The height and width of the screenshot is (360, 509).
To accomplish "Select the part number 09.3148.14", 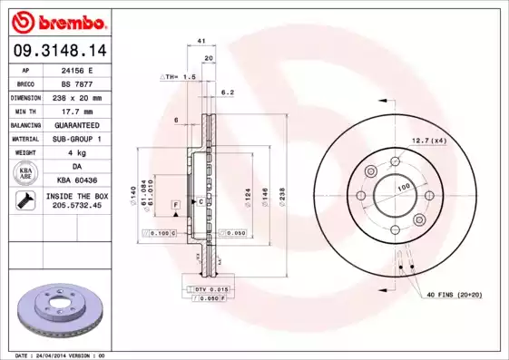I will pyautogui.click(x=56, y=52).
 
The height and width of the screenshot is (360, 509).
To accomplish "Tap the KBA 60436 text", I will pyautogui.click(x=83, y=181).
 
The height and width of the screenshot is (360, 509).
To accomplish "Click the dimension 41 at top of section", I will pyautogui.click(x=201, y=42).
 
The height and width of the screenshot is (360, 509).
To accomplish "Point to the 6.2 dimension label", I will pyautogui.click(x=228, y=92).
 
